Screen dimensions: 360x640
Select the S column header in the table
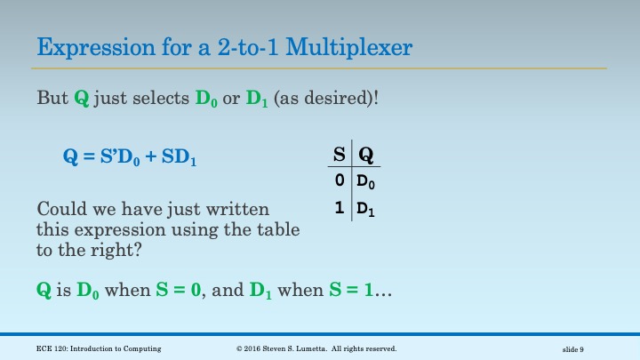point(339,155)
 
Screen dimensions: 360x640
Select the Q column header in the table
point(365,155)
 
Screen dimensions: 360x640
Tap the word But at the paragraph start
point(52,97)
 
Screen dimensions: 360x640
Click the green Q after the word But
point(81,97)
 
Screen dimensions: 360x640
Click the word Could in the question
point(60,210)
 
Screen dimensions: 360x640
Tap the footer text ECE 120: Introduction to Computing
point(99,348)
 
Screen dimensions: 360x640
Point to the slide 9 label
point(580,349)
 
